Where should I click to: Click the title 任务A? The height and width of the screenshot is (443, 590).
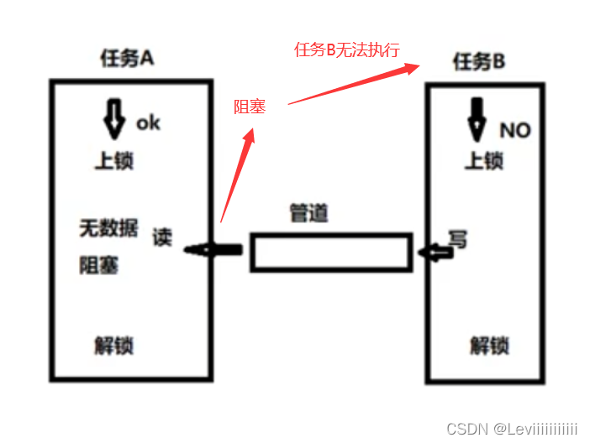pyautogui.click(x=127, y=58)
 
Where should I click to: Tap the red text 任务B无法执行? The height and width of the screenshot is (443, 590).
pyautogui.click(x=346, y=50)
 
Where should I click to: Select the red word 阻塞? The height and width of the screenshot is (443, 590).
pyautogui.click(x=250, y=107)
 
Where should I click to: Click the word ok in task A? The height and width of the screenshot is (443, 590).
pyautogui.click(x=148, y=122)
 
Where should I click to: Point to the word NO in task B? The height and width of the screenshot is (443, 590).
pyautogui.click(x=514, y=130)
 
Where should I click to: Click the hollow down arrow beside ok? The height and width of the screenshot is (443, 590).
pyautogui.click(x=114, y=119)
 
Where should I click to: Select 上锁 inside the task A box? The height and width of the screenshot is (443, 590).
pyautogui.click(x=114, y=159)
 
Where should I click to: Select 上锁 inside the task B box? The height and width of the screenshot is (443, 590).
pyautogui.click(x=484, y=159)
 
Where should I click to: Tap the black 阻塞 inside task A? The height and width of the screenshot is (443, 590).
pyautogui.click(x=99, y=266)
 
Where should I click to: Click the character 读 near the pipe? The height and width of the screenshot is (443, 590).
pyautogui.click(x=162, y=237)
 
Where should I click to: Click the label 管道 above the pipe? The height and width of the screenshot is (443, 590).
pyautogui.click(x=309, y=213)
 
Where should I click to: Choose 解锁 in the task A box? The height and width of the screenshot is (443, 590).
pyautogui.click(x=114, y=345)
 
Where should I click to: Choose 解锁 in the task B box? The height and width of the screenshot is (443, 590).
pyautogui.click(x=489, y=345)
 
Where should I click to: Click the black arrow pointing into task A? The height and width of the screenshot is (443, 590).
pyautogui.click(x=213, y=250)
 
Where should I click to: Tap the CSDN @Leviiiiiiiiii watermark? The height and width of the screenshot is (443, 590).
pyautogui.click(x=512, y=429)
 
